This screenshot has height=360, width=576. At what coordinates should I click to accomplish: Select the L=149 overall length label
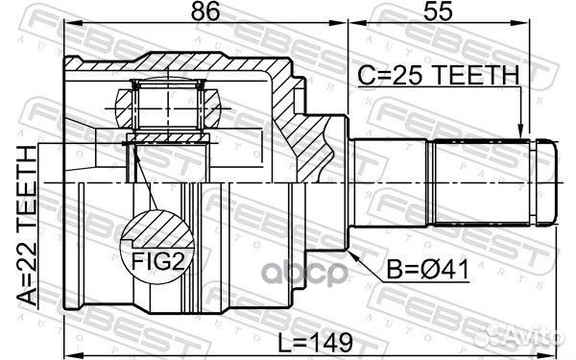coord(315,343)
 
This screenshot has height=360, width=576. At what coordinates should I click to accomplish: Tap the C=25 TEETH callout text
coord(439,75)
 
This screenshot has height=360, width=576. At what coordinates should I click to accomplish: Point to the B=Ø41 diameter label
coord(428,270)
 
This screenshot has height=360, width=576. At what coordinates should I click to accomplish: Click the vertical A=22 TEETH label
coord(28,226)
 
